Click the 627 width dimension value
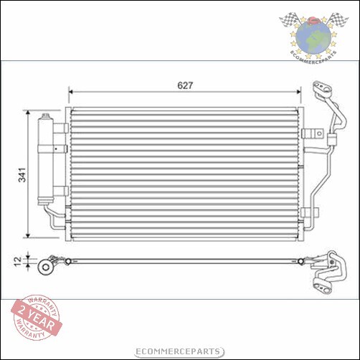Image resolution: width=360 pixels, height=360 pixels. point(186,85)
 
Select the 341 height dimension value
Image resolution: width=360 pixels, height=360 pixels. point(22,174)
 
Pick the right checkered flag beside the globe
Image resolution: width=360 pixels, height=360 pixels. point(341,19)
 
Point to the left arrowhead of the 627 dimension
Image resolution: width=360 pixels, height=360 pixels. point(72,92)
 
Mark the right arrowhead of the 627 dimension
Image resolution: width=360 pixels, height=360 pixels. point(298,92)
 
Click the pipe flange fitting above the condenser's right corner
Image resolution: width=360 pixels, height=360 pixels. point(319,91)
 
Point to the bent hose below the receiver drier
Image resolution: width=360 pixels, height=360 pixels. point(52,217)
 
